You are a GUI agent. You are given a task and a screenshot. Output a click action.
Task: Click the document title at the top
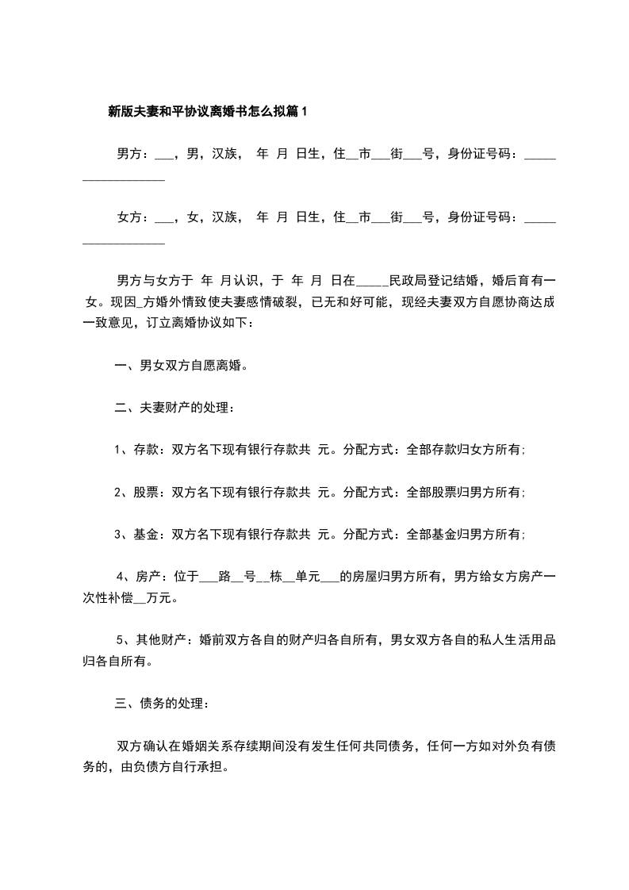tap(207, 112)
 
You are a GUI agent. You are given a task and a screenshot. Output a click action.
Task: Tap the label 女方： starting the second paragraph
tap(132, 217)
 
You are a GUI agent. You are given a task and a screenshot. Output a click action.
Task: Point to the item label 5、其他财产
tap(150, 639)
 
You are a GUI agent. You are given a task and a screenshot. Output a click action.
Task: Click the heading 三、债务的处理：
tap(163, 703)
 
